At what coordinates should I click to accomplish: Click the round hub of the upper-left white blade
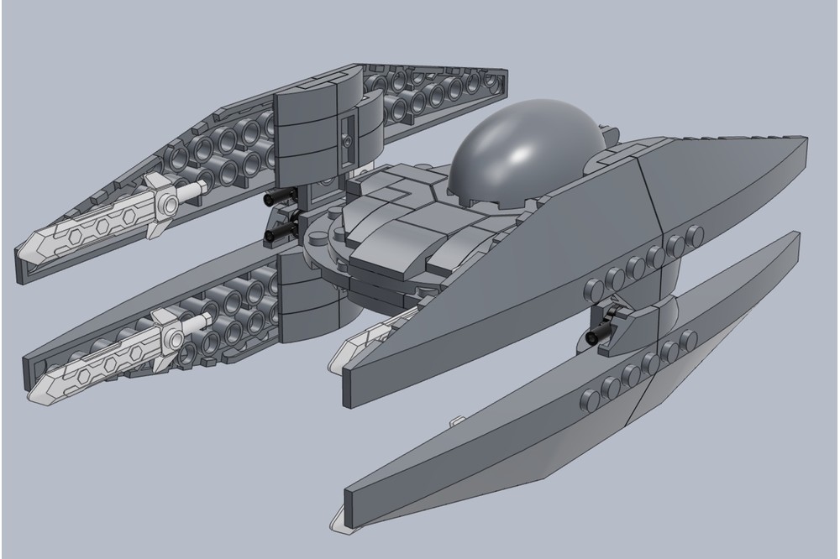pyautogui.click(x=171, y=203)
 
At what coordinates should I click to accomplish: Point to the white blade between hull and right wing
pyautogui.click(x=357, y=344)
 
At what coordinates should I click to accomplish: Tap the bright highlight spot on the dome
pyautogui.click(x=524, y=151)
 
